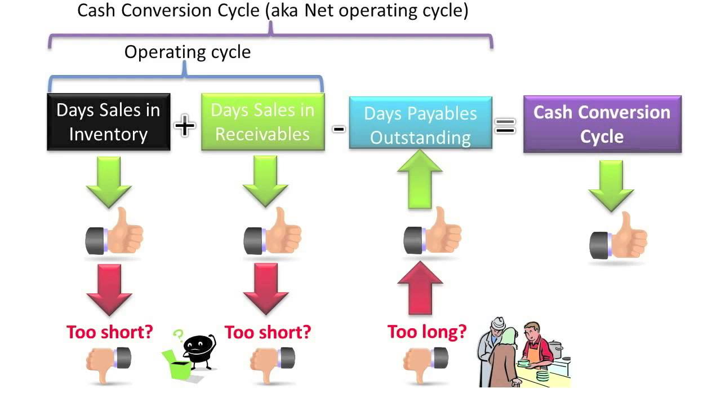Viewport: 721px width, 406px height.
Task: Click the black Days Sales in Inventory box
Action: (x=108, y=122)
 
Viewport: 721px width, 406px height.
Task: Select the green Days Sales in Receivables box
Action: (x=262, y=122)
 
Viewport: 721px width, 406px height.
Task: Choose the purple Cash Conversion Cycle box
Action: (x=602, y=124)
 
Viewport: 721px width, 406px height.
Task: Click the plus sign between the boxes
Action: (x=185, y=125)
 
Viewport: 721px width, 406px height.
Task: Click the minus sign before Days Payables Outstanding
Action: (x=338, y=129)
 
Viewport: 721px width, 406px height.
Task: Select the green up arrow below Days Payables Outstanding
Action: (x=420, y=182)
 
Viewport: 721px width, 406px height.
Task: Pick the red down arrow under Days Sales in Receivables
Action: (x=265, y=289)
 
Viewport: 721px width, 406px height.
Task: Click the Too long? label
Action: (x=427, y=332)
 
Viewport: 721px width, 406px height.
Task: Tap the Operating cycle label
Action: (x=188, y=52)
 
